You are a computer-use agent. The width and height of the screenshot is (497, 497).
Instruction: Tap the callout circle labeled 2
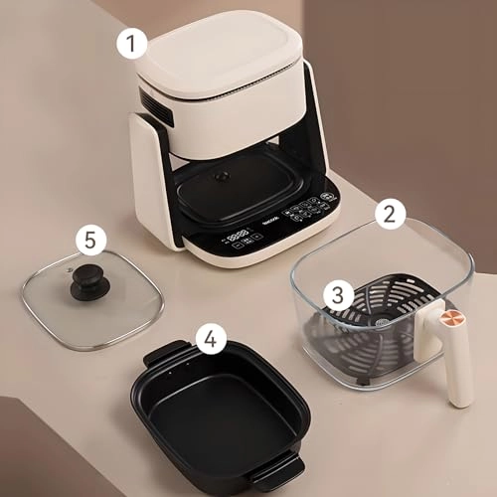[391, 214]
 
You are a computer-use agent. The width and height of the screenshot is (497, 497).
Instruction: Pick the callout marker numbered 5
[91, 242]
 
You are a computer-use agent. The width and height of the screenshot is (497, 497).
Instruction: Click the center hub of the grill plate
[382, 322]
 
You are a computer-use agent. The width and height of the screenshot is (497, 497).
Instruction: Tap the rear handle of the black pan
[165, 354]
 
